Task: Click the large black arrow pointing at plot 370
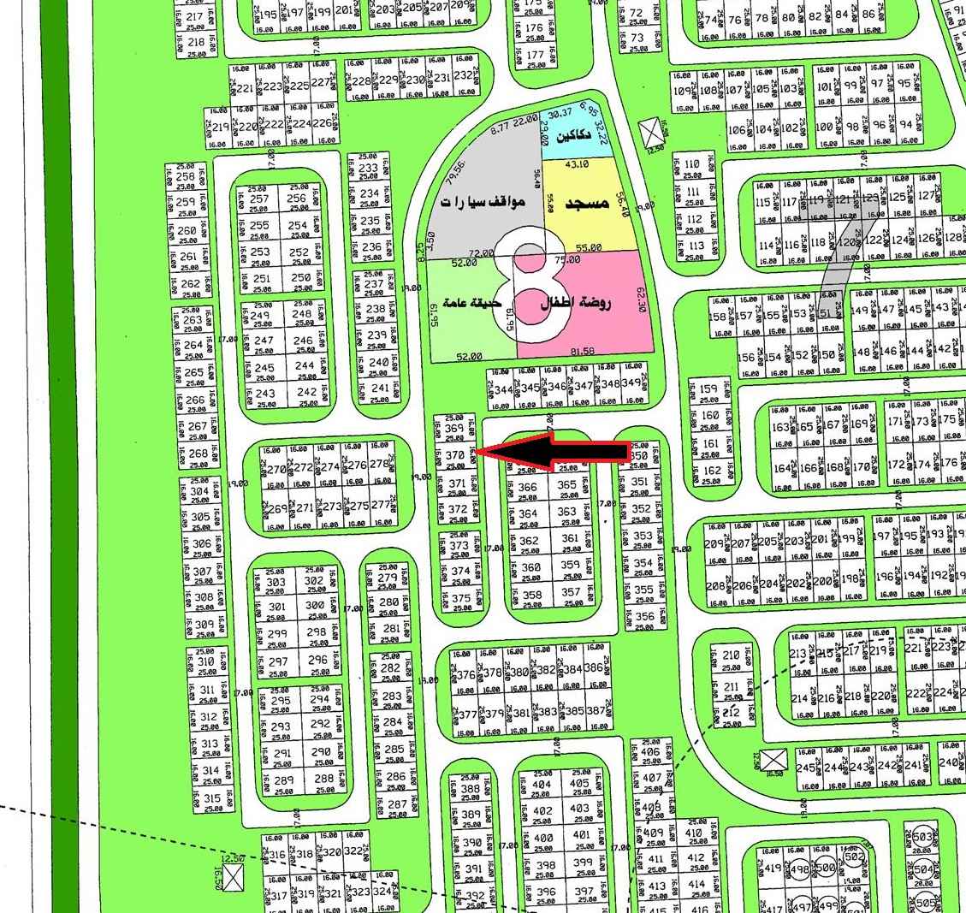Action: pos(556,452)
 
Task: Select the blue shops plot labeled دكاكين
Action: pos(572,136)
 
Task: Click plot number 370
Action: pos(455,456)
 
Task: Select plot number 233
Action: pos(369,169)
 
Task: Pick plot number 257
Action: pos(259,199)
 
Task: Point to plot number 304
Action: pos(199,491)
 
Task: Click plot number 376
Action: pos(465,675)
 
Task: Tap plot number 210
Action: pos(731,655)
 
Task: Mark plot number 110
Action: pos(693,164)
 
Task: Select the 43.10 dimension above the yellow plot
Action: pos(578,163)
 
